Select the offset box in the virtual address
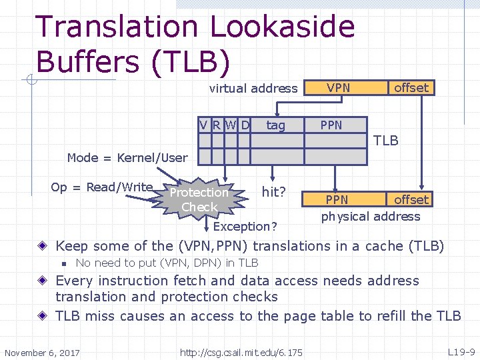411,87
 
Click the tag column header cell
275,125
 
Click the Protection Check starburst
199,199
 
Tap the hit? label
274,192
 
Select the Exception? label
250,227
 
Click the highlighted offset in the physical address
411,199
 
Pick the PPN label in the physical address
337,199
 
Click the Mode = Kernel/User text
127,157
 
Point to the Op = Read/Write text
102,187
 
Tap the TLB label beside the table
386,141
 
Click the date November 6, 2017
42,352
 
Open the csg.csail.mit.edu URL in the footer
241,352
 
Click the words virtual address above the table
253,88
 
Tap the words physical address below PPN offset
371,216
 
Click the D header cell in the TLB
245,125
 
